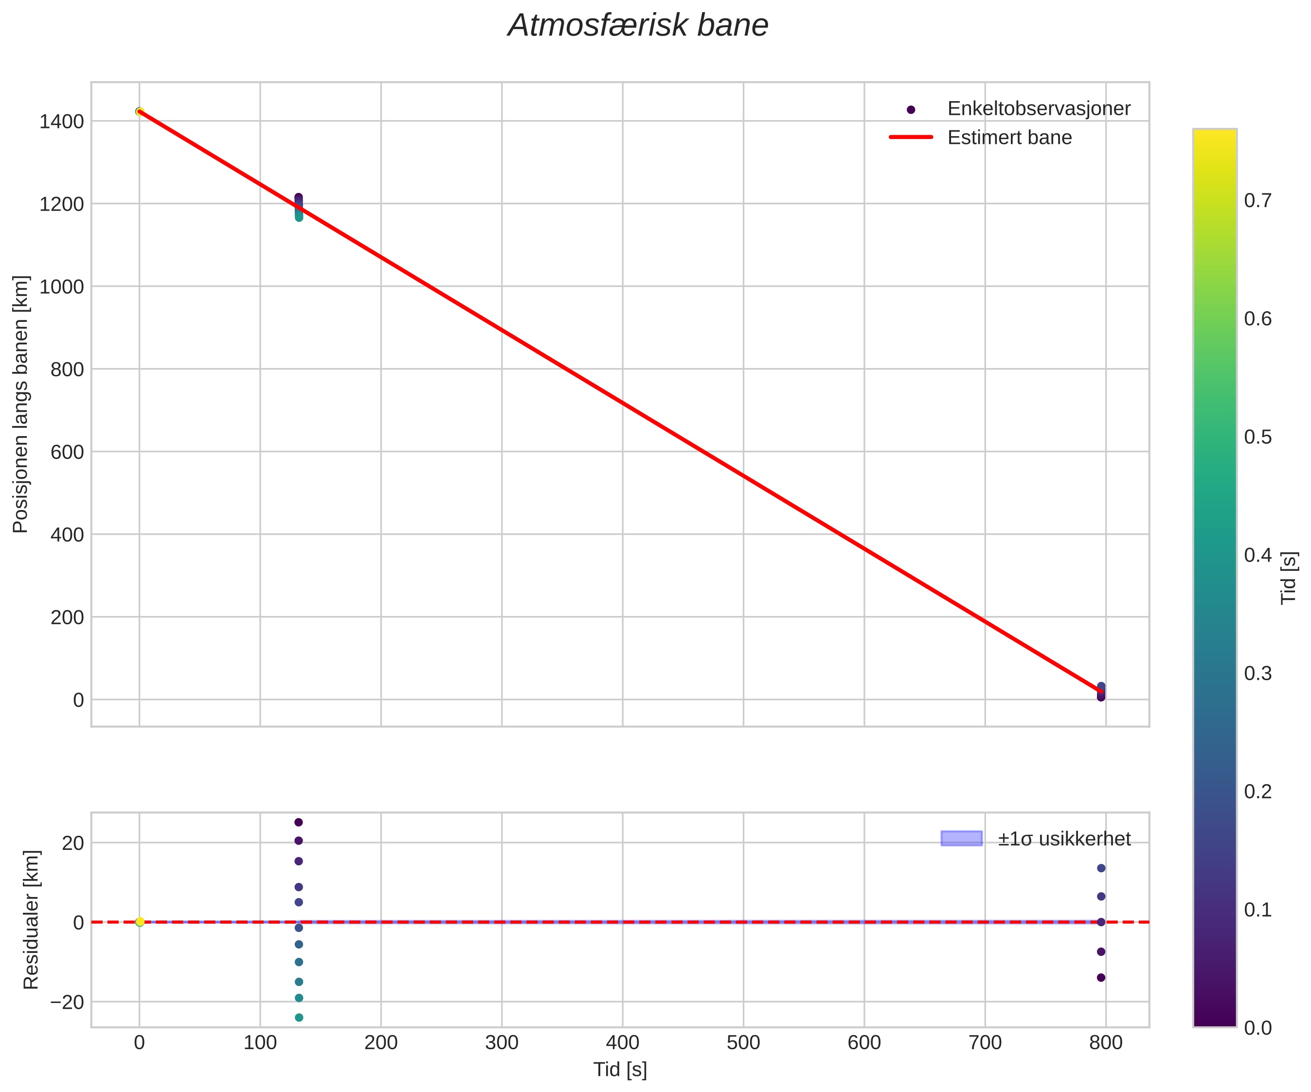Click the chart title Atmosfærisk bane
[x=637, y=26]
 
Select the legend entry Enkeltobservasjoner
[x=1038, y=108]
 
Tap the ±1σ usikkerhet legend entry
[x=1063, y=839]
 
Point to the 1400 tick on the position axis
[x=61, y=122]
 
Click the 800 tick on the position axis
[x=67, y=370]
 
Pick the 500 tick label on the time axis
[x=743, y=1043]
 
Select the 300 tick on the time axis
[x=502, y=1043]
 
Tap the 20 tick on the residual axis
[x=72, y=843]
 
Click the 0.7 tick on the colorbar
[x=1257, y=200]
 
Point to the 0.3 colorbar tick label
[x=1257, y=673]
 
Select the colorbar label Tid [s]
[x=1289, y=578]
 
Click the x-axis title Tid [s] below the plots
[x=620, y=1070]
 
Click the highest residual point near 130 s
[x=298, y=823]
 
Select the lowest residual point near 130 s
[x=299, y=1018]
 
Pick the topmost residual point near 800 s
[x=1101, y=868]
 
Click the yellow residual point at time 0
[x=140, y=922]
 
